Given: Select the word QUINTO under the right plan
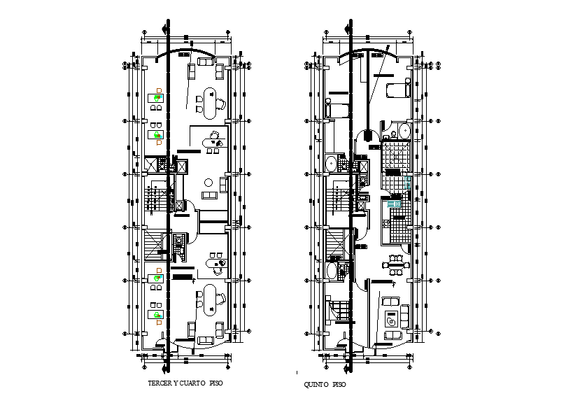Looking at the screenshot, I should pos(316,385).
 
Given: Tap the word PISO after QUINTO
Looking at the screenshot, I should pos(339,385).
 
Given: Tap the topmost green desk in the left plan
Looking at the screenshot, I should pos(157,99).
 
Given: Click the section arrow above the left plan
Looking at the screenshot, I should pos(165,29).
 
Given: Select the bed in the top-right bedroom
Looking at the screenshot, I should pos(396,90).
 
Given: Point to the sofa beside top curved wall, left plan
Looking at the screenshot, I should pos(206,62).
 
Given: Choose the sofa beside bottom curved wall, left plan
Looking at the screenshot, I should pos(206,341).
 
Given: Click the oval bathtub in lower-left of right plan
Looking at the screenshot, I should pos(332,271).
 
